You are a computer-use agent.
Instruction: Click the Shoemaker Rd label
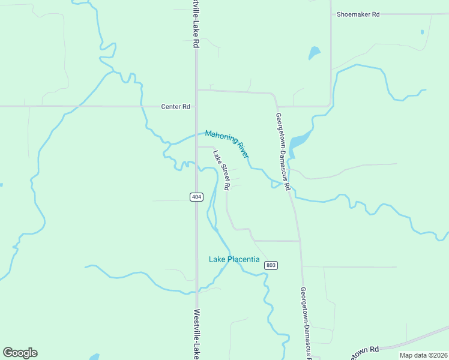tap(358, 14)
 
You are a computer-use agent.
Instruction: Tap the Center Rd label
tap(175, 107)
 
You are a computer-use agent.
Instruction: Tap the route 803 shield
tap(271, 265)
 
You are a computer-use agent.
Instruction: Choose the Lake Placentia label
tap(234, 260)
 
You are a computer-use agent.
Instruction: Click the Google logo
tap(20, 353)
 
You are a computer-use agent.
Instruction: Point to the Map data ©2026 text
tap(423, 355)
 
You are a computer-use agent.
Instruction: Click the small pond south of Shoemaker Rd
tap(314, 53)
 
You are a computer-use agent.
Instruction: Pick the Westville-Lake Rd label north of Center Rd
tap(195, 24)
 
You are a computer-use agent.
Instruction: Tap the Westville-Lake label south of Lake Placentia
tap(196, 334)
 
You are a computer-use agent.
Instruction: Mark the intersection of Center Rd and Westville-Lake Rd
tap(196, 106)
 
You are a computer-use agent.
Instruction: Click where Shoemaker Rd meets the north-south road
tap(331, 14)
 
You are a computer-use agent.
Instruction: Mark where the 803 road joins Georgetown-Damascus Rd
tap(299, 241)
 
